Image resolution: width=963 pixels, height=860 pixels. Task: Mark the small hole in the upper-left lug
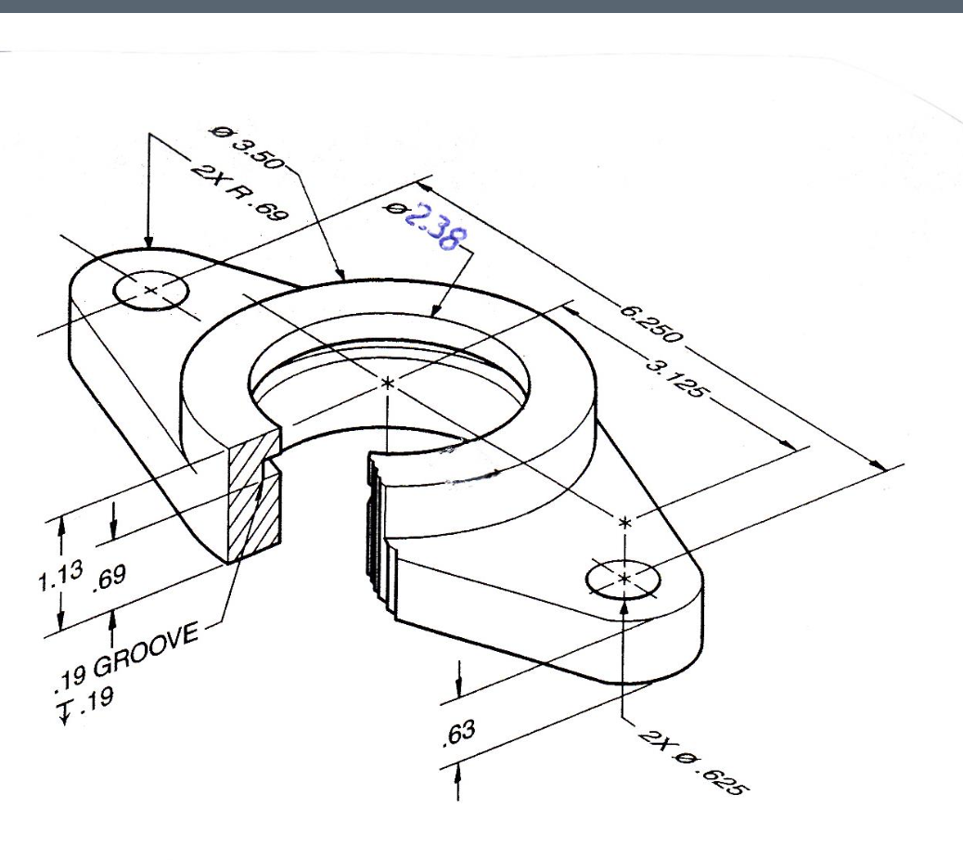[x=151, y=290]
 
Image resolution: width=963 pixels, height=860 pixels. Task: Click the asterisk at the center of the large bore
[x=388, y=382]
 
